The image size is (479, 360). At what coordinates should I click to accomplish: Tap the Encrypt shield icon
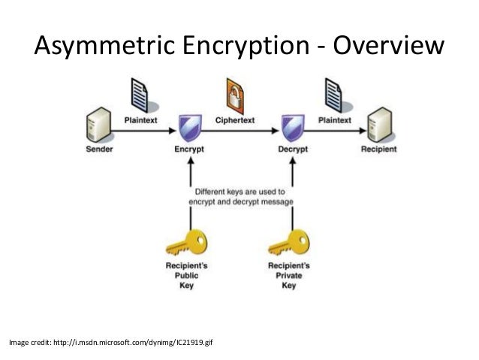tap(188, 126)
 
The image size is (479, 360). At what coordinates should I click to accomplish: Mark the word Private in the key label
tap(289, 277)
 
